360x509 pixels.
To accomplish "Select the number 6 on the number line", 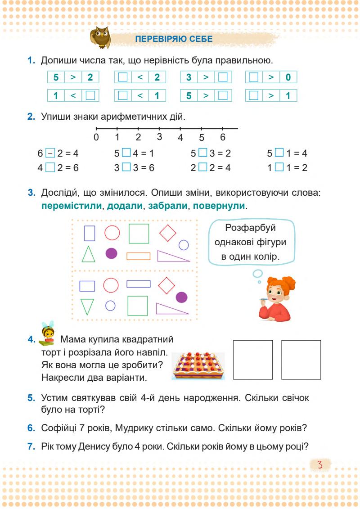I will [222, 137].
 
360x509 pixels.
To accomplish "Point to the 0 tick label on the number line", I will [96, 137].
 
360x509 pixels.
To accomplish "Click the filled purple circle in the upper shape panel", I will [111, 253].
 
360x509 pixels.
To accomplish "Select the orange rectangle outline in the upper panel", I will [138, 256].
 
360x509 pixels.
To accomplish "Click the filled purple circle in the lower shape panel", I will [181, 297].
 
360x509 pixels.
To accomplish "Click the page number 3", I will [321, 464].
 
